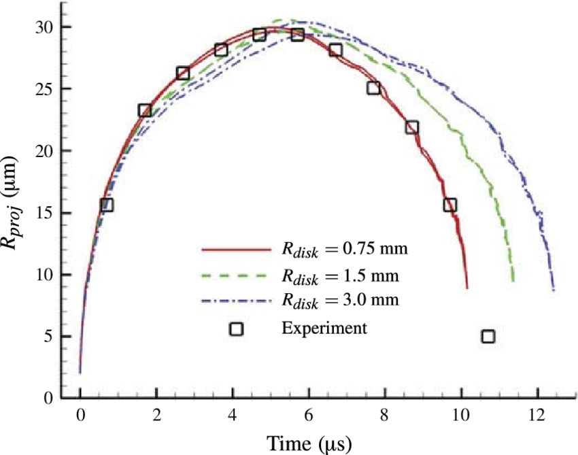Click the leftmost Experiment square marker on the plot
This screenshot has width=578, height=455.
pyautogui.click(x=107, y=205)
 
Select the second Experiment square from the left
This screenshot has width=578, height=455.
pyautogui.click(x=145, y=110)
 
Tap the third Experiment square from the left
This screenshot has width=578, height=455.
pyautogui.click(x=183, y=73)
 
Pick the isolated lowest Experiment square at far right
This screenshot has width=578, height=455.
pyautogui.click(x=488, y=336)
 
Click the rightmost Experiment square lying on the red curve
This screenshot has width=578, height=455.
pyautogui.click(x=449, y=205)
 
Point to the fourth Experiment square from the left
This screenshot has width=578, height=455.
pyautogui.click(x=221, y=50)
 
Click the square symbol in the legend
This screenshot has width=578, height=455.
pyautogui.click(x=236, y=328)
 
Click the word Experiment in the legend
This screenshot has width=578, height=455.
pyautogui.click(x=324, y=328)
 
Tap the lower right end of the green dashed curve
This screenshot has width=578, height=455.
pyautogui.click(x=513, y=280)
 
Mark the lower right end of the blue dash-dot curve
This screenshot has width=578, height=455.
pyautogui.click(x=554, y=289)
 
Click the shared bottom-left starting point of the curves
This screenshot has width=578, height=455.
pyautogui.click(x=80, y=371)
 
